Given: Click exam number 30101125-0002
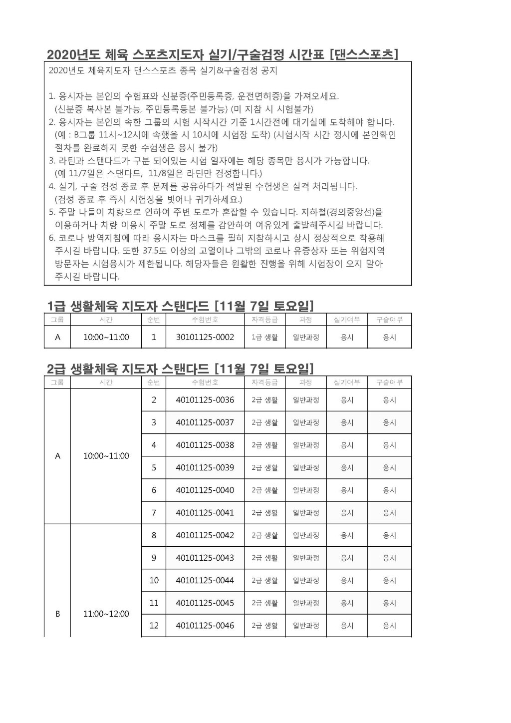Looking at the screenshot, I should click(205, 337).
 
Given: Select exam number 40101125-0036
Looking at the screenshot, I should click(205, 400).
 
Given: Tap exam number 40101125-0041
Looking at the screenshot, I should click(205, 513).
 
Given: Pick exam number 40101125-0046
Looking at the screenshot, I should click(205, 626).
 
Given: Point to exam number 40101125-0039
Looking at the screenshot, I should click(205, 468).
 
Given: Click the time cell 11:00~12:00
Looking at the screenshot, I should click(106, 614).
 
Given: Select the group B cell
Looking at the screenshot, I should click(57, 614).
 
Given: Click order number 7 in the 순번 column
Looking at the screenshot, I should click(154, 513).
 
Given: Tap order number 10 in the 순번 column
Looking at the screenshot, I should click(154, 581).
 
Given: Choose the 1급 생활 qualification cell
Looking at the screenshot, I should click(264, 338).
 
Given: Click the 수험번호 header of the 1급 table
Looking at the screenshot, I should click(205, 320).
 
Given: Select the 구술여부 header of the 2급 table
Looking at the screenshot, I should click(389, 382).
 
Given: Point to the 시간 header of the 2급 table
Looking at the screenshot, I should click(106, 382).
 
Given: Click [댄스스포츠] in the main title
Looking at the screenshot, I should click(364, 54).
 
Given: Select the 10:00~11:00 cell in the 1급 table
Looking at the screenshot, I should click(106, 337).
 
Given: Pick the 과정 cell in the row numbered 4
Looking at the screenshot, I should click(305, 445).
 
